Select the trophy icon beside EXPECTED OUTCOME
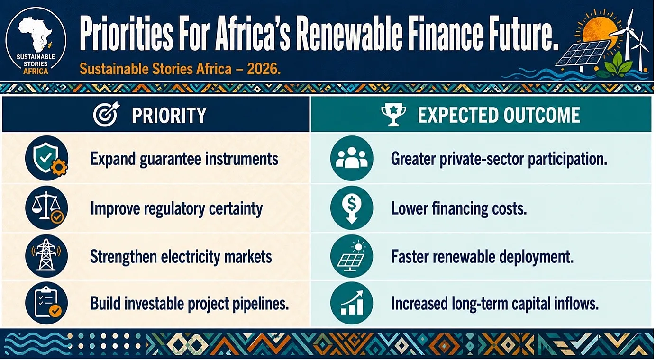point(393,115)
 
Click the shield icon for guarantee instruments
point(47,158)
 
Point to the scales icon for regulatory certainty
point(47,207)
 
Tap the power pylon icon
point(46,256)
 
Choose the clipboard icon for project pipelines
point(46,303)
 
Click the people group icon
point(352,158)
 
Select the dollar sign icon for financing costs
point(352,207)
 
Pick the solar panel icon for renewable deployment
point(352,256)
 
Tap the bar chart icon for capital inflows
point(352,303)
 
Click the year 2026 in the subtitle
point(263,69)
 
